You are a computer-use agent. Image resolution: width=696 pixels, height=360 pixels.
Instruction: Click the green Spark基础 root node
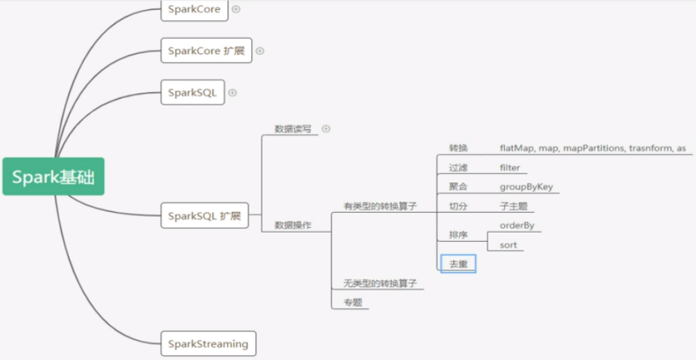point(54,176)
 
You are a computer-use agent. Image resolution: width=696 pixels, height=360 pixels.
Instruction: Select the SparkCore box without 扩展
point(194,9)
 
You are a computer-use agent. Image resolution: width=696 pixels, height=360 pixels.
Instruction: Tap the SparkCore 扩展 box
point(206,50)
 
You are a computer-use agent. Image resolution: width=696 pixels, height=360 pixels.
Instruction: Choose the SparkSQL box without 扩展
point(193,92)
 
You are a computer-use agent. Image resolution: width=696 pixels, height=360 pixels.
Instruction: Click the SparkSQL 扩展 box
point(204,216)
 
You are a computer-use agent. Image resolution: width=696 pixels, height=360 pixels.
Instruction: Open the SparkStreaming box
point(209,343)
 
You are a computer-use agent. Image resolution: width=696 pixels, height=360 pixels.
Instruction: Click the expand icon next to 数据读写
point(327,129)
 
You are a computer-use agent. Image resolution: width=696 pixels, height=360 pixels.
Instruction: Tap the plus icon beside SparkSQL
point(232,93)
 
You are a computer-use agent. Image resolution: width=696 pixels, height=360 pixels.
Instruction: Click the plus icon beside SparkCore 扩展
point(260,51)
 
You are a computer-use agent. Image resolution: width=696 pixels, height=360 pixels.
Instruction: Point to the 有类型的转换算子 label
point(380,206)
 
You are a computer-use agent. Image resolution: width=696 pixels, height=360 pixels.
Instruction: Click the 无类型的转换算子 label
point(380,283)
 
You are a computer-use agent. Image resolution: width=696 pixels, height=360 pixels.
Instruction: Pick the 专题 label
point(353,302)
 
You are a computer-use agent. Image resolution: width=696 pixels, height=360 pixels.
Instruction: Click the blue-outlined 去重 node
point(458,264)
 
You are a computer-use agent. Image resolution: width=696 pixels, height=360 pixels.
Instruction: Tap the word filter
point(509,167)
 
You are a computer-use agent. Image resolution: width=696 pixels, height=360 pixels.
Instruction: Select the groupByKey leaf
point(527,187)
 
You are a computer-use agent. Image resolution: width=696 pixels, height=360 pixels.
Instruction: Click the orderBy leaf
point(517,225)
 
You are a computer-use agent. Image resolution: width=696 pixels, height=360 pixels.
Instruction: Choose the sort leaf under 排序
point(508,245)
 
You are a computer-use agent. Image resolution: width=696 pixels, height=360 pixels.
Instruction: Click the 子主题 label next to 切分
point(513,207)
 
